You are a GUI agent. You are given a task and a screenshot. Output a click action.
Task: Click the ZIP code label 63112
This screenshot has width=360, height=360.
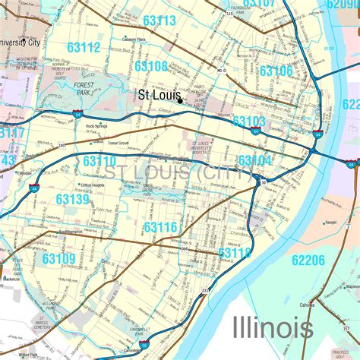pos(83,47)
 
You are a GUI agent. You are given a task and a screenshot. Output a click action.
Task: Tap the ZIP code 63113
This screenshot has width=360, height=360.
pos(159,20)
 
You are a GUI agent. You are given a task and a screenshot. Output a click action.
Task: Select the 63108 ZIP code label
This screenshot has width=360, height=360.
pos(151,67)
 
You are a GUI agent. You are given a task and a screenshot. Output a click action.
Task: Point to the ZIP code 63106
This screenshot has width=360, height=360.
pos(276,71)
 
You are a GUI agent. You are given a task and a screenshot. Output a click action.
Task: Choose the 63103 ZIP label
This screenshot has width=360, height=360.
pos(249,122)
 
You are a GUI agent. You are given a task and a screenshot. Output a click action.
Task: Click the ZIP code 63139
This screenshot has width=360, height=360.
pos(72,199)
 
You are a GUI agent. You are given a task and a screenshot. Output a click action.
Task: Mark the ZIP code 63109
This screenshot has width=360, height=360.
pos(59,259)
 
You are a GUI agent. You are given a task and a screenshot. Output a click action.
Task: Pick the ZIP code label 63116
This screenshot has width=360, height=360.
pos(160,227)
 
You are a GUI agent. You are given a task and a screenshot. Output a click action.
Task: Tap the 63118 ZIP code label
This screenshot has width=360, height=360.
pos(235,252)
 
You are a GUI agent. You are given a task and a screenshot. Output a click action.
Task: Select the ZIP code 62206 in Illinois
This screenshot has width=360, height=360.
pos(308,261)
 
